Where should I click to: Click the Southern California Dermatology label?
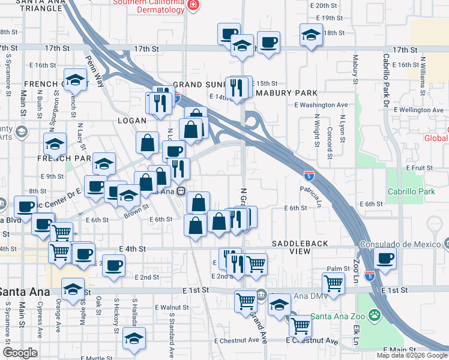click(x=148, y=6)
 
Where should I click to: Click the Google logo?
click(x=20, y=353)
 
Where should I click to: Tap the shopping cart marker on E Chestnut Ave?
click(x=300, y=326)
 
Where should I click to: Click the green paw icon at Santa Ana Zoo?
click(x=375, y=314)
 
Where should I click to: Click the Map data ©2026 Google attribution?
click(x=411, y=355)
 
